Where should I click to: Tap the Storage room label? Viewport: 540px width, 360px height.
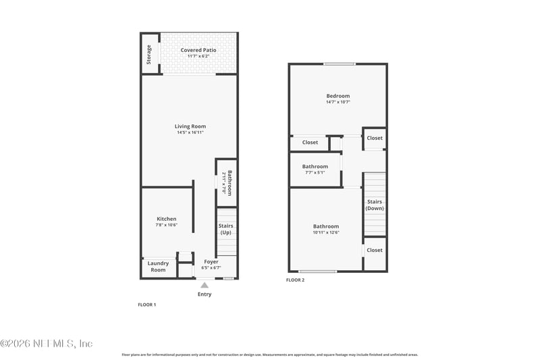(149, 53)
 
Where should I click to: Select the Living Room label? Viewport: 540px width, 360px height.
(190, 126)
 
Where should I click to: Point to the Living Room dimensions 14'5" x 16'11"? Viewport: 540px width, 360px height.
(190, 132)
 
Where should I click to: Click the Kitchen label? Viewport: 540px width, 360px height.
(167, 219)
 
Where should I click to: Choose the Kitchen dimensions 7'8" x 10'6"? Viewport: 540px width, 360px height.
(167, 225)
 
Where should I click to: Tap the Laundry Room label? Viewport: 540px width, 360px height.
(158, 267)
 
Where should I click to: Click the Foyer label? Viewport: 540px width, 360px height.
(211, 261)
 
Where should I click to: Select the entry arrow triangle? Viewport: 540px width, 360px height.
(205, 285)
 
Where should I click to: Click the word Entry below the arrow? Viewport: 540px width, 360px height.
(205, 294)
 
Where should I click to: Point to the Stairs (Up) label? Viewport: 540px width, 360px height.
(226, 230)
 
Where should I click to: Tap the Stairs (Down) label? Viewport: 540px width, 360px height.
(375, 205)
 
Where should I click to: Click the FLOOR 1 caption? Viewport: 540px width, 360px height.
(146, 305)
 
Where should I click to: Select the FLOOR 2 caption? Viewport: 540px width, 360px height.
(295, 280)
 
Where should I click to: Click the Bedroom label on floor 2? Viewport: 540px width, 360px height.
(338, 96)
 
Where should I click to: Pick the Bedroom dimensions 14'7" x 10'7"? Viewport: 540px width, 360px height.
(338, 103)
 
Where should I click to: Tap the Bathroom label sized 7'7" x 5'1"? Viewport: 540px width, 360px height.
(315, 166)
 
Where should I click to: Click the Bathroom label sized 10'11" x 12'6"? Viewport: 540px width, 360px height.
(326, 226)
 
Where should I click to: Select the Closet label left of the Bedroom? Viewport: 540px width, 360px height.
(310, 143)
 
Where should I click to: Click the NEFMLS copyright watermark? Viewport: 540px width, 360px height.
(47, 343)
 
